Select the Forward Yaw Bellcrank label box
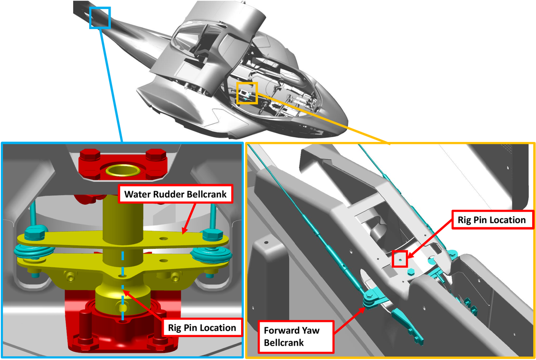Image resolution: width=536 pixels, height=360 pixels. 296,335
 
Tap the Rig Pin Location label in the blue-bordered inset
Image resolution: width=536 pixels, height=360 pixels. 202,327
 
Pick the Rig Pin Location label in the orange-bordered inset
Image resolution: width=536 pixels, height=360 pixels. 491,220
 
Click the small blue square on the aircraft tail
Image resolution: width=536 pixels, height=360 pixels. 100,18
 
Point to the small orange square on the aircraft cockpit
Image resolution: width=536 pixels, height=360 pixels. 247,93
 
